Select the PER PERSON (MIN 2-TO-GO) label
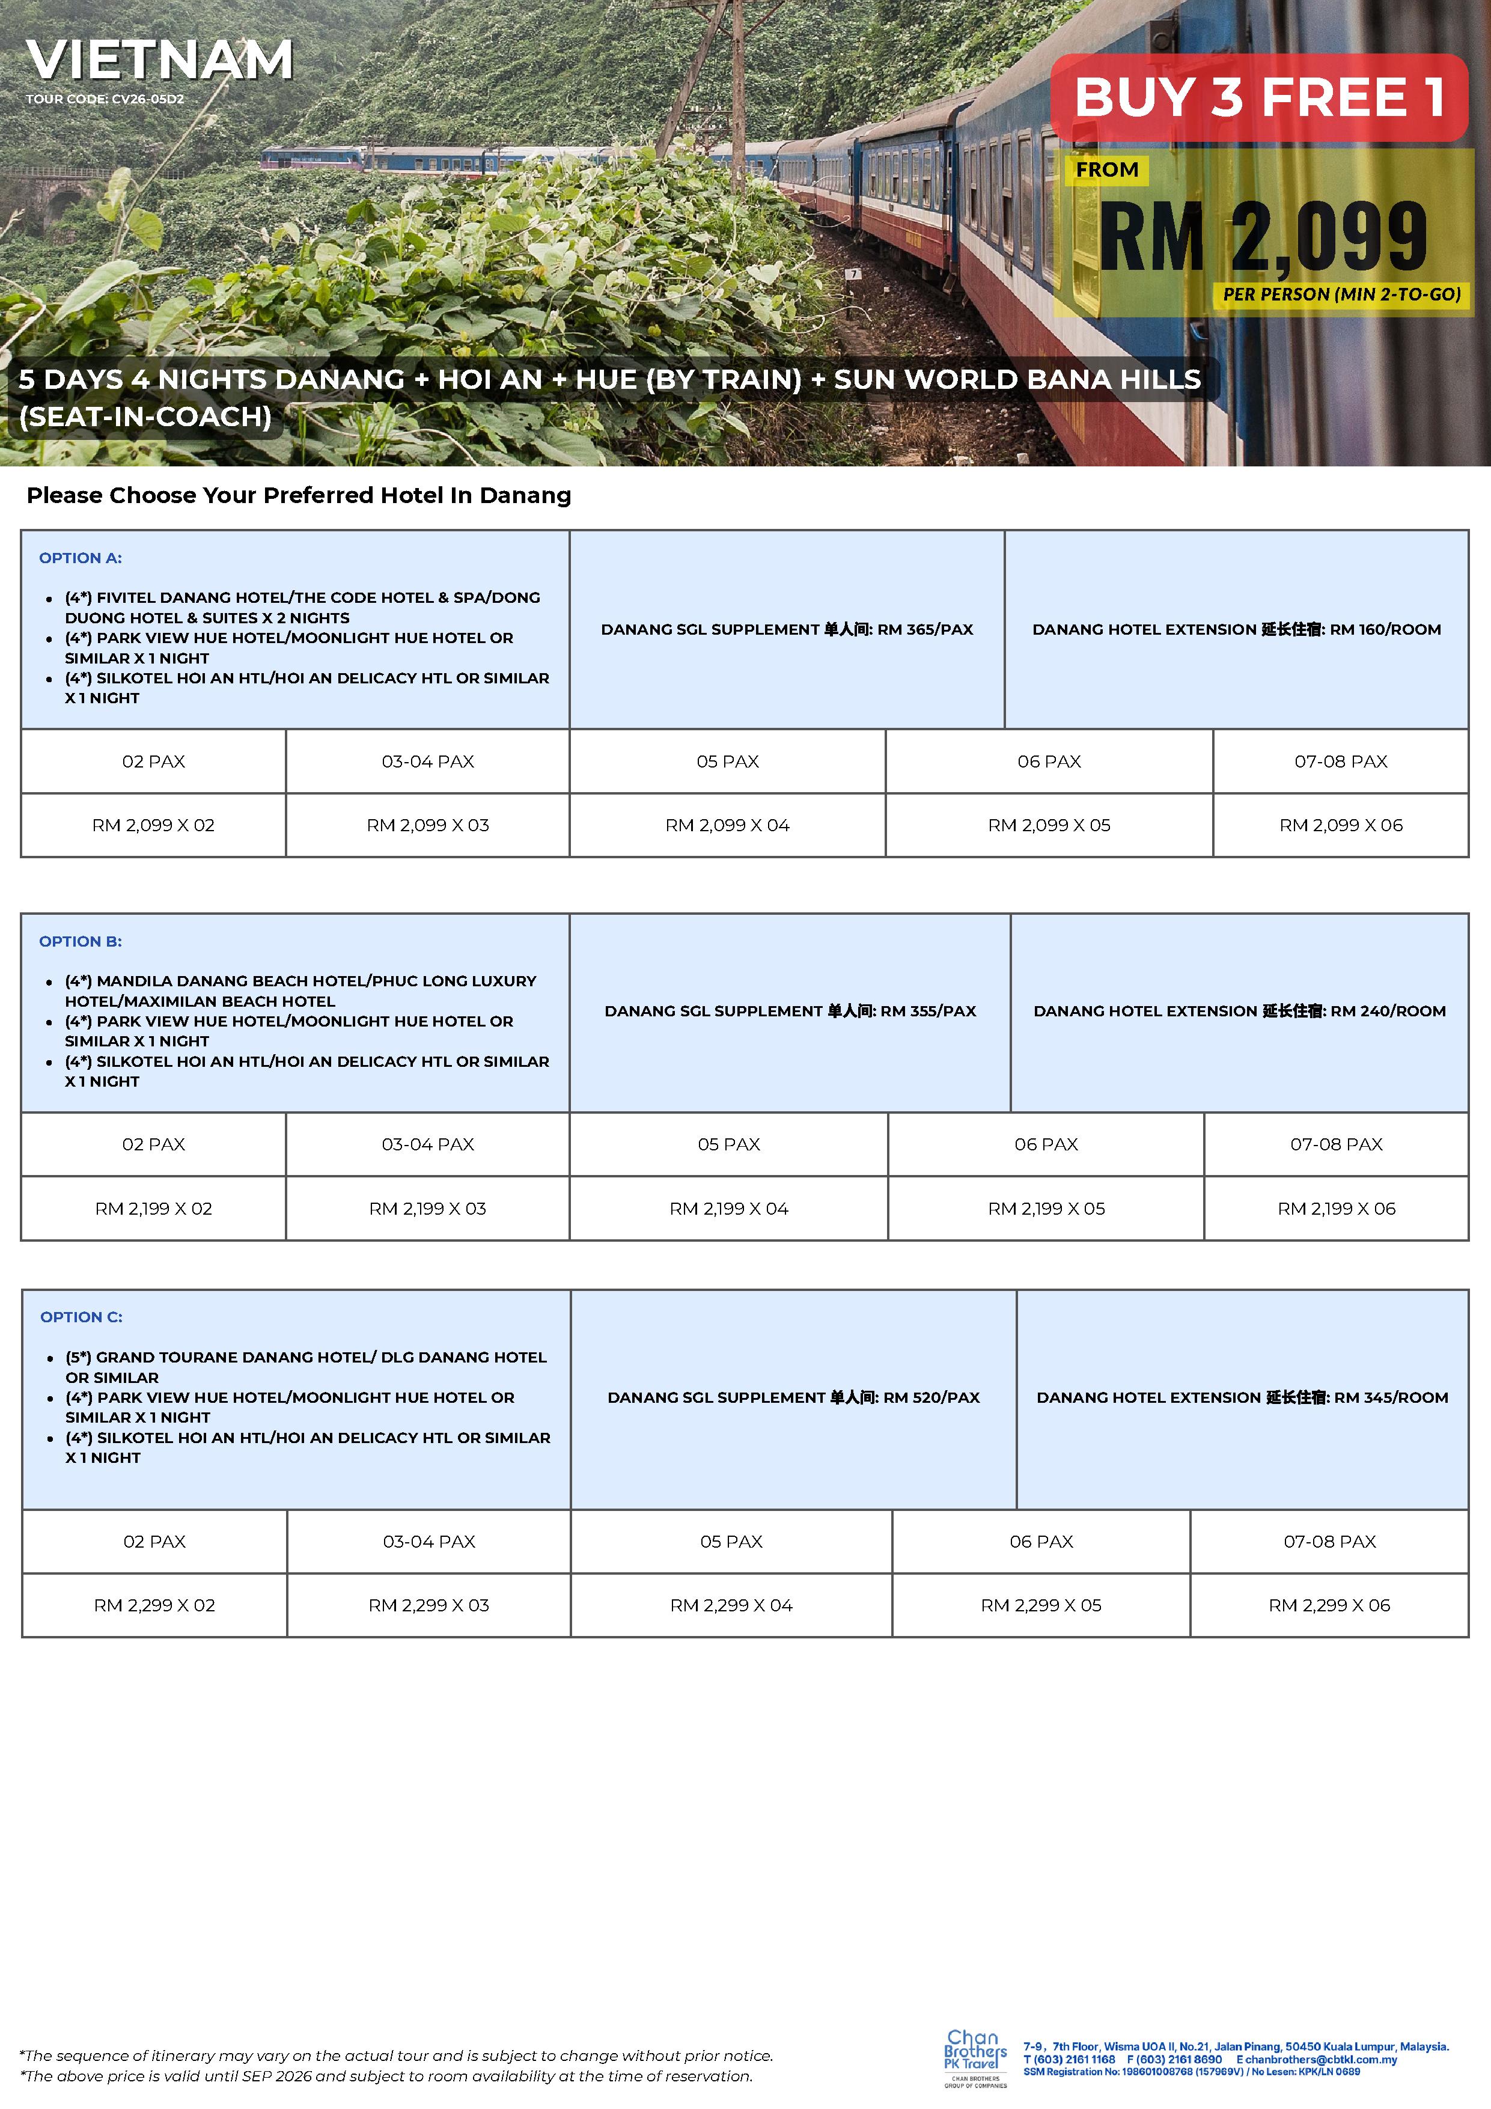(1341, 295)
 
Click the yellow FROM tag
(1107, 170)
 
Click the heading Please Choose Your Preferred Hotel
(299, 496)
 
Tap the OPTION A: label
(80, 558)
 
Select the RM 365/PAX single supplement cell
(787, 630)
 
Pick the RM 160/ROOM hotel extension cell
(1237, 630)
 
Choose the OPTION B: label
(80, 942)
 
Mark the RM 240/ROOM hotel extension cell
(1239, 1012)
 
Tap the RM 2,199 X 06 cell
(1336, 1209)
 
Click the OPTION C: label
(81, 1317)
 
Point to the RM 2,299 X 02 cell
(154, 1605)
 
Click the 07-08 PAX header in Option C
(1329, 1542)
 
